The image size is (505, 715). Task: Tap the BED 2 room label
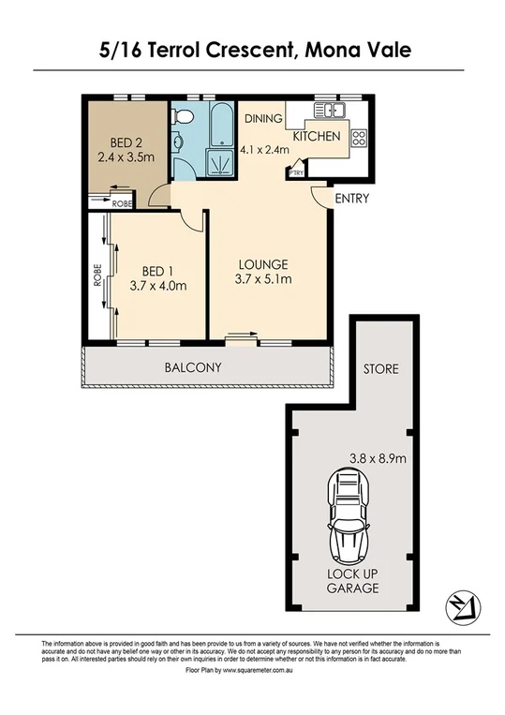click(126, 142)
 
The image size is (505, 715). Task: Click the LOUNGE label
click(261, 263)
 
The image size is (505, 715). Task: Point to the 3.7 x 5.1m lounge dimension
click(262, 278)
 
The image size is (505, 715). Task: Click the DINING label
click(263, 119)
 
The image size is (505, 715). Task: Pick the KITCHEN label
click(317, 137)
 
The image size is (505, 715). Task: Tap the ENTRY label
click(351, 199)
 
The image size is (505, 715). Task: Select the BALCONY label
click(193, 367)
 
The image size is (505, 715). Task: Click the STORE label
click(381, 369)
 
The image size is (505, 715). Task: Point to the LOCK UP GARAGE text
click(353, 581)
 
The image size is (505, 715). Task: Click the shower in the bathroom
click(221, 164)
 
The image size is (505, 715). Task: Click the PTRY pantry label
click(295, 172)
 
